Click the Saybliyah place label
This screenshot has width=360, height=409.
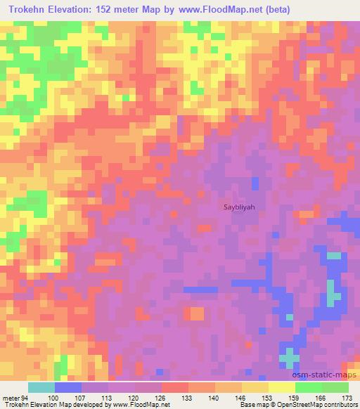click(239, 207)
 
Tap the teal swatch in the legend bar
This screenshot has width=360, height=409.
click(41, 387)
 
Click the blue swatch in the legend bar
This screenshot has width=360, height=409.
click(68, 387)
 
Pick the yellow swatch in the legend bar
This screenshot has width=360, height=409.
click(281, 387)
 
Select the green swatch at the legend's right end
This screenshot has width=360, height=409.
click(335, 387)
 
